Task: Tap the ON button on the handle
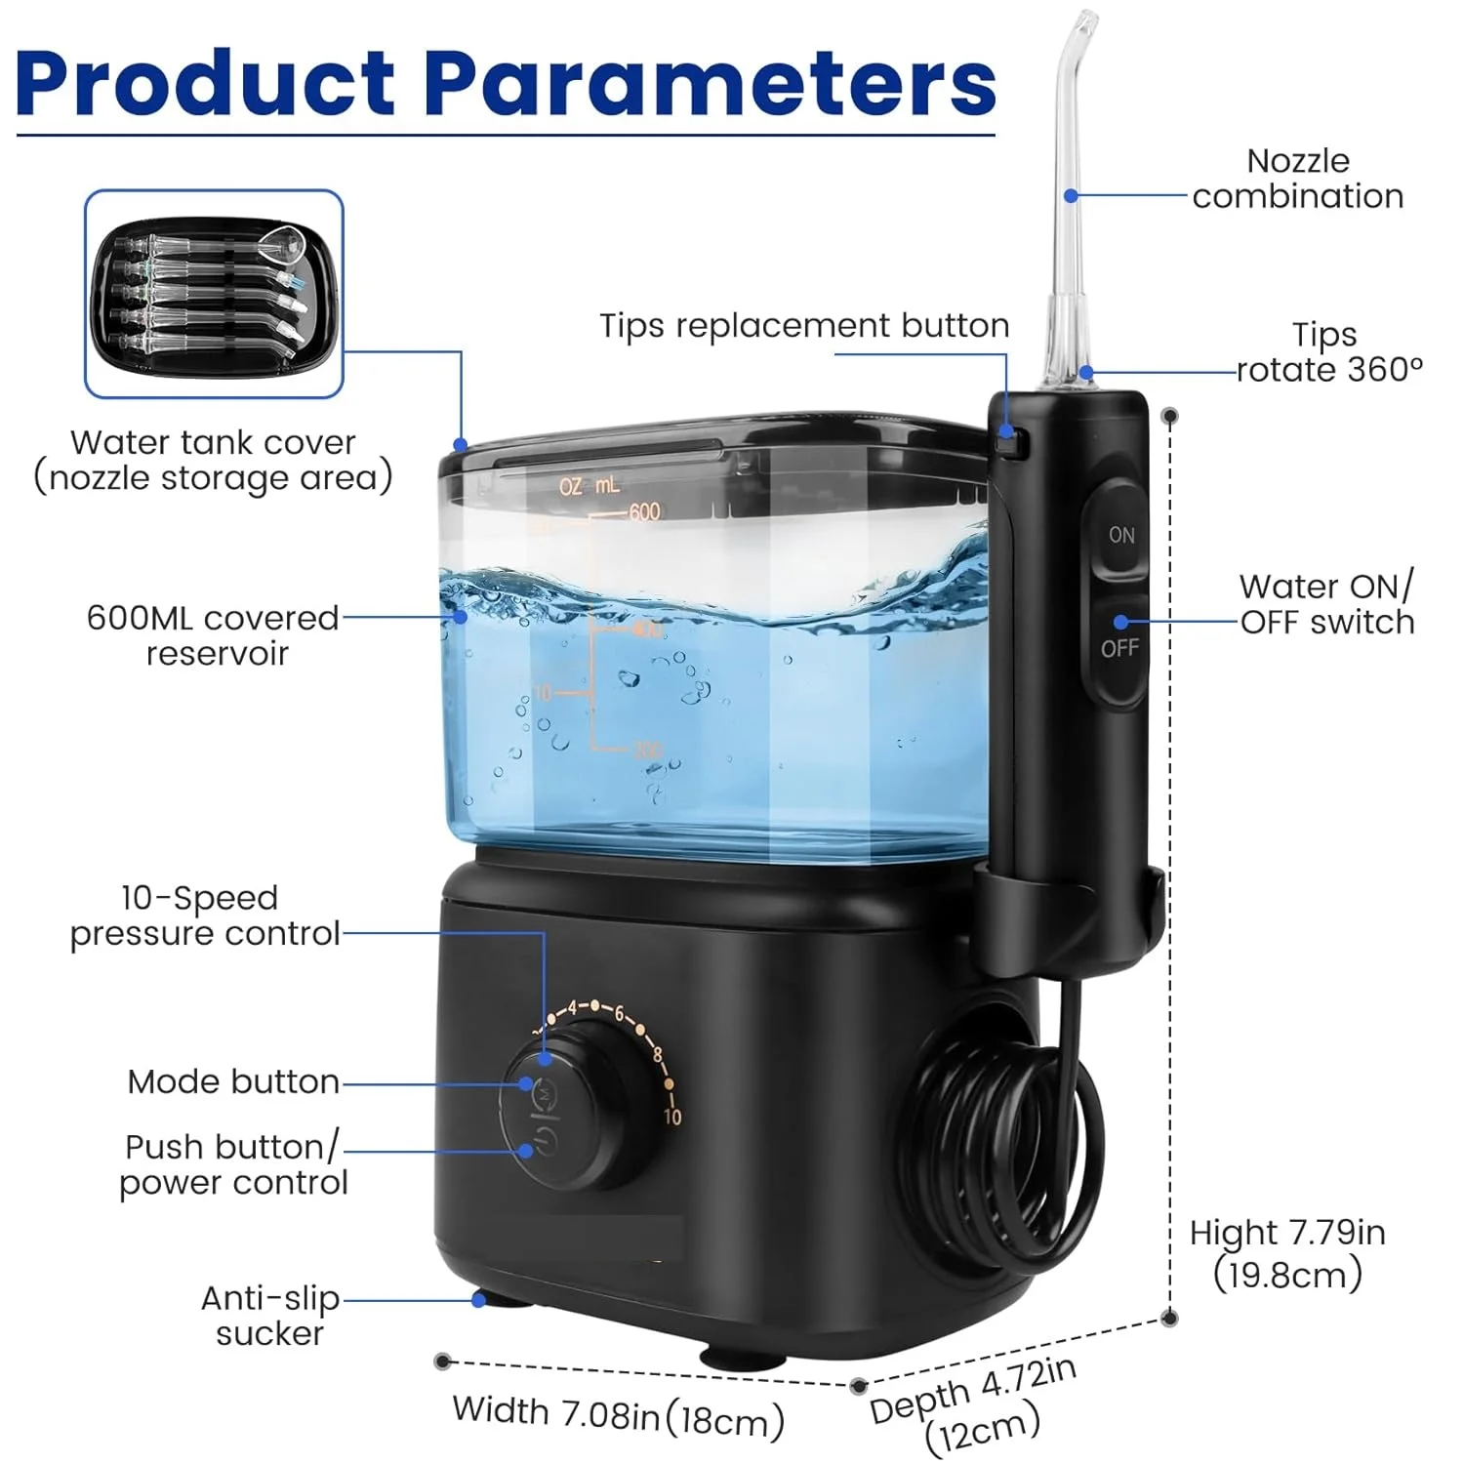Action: click(1120, 535)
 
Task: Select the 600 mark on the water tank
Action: click(644, 511)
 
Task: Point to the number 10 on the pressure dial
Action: click(672, 1116)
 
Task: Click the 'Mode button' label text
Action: click(233, 1081)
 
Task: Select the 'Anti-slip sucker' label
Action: click(269, 1316)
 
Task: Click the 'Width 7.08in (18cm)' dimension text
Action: click(618, 1416)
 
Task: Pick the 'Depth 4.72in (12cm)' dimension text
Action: click(976, 1405)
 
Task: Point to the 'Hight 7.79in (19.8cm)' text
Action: click(1287, 1253)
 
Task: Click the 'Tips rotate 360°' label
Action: click(1328, 352)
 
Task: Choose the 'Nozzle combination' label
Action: click(1297, 179)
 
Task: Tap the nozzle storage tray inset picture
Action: click(214, 294)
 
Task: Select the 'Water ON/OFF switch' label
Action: click(1326, 604)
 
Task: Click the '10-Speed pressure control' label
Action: click(204, 915)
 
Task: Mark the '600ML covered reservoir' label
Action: click(214, 635)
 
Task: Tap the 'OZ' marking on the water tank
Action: click(570, 486)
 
